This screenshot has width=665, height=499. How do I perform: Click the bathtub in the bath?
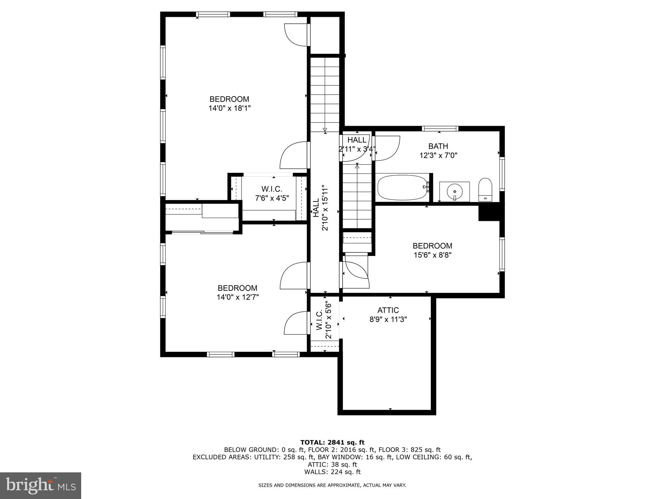[403, 188]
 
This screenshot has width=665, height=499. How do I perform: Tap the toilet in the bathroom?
[485, 190]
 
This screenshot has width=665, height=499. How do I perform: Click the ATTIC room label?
[388, 310]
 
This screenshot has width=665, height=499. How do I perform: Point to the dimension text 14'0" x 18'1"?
[230, 108]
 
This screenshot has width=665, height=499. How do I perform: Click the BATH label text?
[438, 146]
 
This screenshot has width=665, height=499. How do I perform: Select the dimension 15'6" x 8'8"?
[432, 255]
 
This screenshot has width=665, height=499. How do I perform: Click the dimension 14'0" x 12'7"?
[238, 297]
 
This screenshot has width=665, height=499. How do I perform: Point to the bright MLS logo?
[41, 485]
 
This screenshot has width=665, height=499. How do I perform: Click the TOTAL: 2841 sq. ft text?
[332, 442]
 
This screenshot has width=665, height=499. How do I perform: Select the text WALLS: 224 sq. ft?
[332, 472]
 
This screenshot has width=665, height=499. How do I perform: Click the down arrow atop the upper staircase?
[325, 130]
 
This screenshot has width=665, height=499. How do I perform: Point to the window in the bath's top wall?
[440, 129]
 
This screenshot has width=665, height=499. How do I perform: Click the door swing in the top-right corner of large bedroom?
[295, 35]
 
